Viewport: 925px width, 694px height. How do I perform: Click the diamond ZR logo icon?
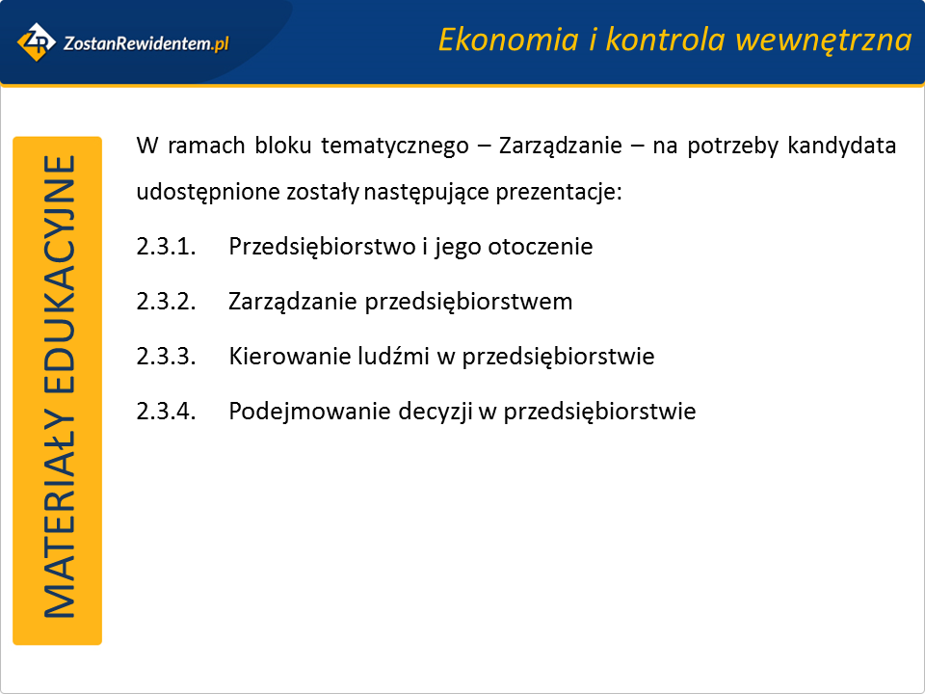click(x=37, y=42)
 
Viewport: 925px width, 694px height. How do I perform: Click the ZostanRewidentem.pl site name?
click(x=145, y=43)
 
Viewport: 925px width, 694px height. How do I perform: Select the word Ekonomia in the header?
click(x=509, y=40)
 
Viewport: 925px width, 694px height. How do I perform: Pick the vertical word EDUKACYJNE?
click(x=60, y=274)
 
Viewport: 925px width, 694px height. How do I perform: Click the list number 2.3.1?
click(x=166, y=247)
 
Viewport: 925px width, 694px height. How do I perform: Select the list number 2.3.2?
click(x=166, y=302)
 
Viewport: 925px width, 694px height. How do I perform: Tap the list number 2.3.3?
click(x=166, y=357)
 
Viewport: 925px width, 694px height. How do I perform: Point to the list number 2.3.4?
click(x=166, y=412)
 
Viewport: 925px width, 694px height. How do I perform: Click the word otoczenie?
click(x=540, y=247)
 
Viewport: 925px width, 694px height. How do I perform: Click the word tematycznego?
click(x=395, y=147)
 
